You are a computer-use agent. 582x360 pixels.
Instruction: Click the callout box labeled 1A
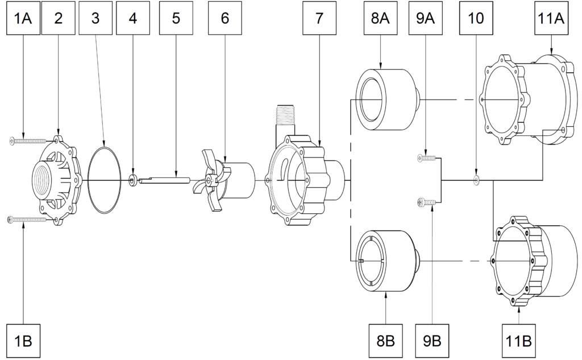pos(23,18)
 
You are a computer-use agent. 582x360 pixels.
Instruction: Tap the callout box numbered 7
pos(318,18)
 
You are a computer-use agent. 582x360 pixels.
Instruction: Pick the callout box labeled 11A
pos(551,18)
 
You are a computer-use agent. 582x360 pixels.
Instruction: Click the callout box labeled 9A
pos(426,18)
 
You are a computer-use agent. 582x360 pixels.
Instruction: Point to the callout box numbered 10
pos(476,18)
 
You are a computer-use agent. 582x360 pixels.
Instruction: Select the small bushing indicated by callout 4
pos(133,181)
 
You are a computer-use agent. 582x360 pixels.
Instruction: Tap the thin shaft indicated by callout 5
pos(165,181)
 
